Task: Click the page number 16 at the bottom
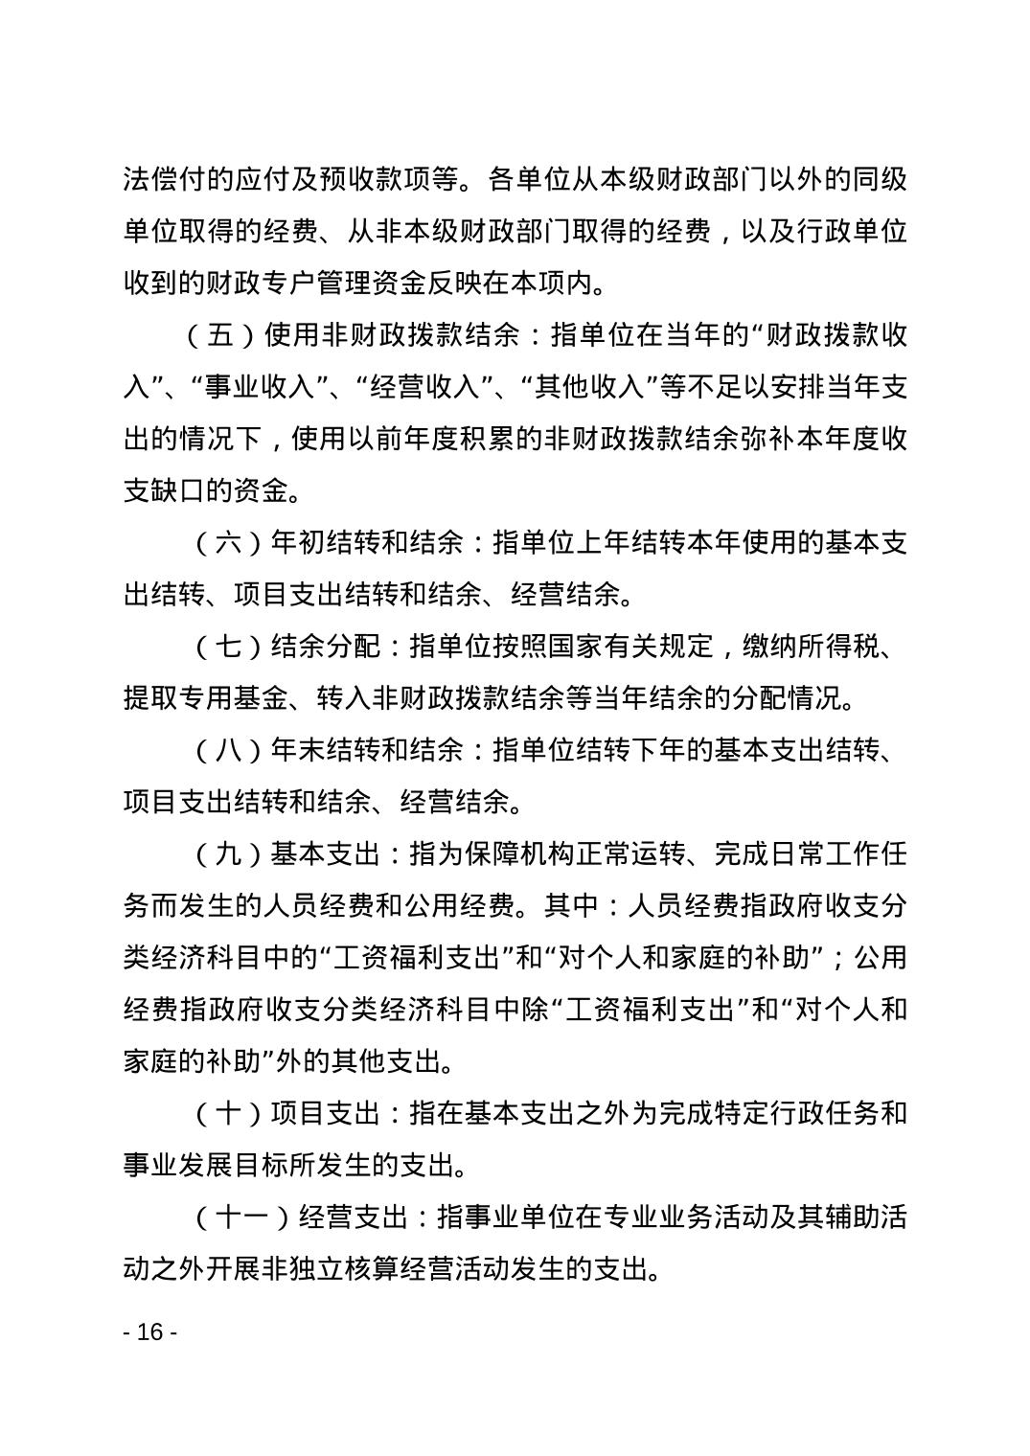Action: click(x=151, y=1332)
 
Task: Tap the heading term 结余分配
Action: click(x=326, y=647)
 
